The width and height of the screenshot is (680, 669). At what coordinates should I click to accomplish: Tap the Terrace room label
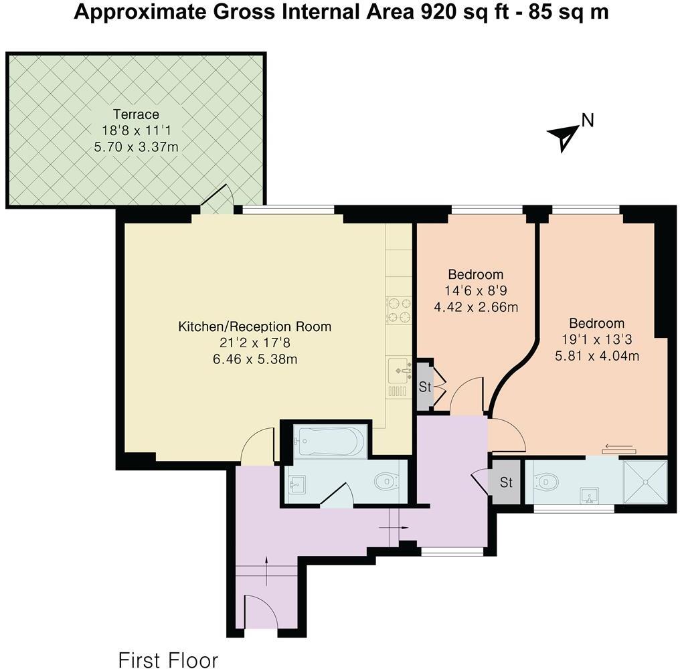(x=136, y=114)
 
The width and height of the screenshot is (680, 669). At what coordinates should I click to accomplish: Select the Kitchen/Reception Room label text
(x=254, y=326)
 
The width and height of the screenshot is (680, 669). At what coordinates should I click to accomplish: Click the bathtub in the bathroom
(x=331, y=440)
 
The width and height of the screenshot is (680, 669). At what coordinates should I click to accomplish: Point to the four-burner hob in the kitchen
(x=398, y=310)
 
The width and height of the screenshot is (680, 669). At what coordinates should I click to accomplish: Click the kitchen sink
(x=399, y=370)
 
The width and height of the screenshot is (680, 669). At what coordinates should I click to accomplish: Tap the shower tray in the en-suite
(x=645, y=482)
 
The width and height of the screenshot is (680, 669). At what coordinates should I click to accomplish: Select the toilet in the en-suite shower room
(x=545, y=481)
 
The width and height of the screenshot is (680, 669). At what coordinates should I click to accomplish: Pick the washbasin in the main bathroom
(x=296, y=485)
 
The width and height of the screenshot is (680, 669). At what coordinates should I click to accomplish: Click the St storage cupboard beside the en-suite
(x=506, y=482)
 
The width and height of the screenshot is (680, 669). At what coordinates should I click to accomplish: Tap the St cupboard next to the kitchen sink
(x=425, y=386)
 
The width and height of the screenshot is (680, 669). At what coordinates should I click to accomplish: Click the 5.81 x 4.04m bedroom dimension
(x=597, y=357)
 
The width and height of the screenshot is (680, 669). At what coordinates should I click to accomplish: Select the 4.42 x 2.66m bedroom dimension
(x=476, y=307)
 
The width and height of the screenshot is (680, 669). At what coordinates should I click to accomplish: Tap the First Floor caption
(x=168, y=660)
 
